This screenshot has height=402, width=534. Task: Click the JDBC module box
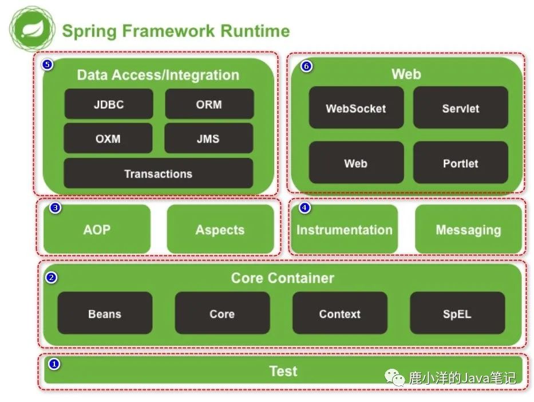(109, 104)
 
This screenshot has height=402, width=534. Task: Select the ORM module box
(209, 104)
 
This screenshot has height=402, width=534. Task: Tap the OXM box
(108, 139)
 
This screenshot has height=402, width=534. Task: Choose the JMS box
(208, 139)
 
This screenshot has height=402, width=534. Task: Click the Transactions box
(159, 174)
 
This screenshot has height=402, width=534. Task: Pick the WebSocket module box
(356, 108)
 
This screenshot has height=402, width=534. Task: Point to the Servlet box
(460, 108)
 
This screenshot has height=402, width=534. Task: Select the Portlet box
(460, 163)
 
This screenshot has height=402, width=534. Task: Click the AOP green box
(97, 229)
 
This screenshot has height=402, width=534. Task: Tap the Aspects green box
(220, 229)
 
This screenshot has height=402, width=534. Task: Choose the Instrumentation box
(345, 229)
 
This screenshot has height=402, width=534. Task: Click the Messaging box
(468, 229)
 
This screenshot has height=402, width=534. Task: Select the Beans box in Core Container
(105, 313)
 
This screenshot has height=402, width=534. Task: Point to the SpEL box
(457, 313)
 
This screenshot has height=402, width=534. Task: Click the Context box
(340, 313)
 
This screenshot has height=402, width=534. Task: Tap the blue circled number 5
(48, 64)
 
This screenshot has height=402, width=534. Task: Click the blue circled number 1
(54, 364)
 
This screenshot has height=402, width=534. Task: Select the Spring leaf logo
(32, 29)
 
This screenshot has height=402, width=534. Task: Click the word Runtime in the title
(255, 31)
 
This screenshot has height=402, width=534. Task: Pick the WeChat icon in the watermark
(394, 377)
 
